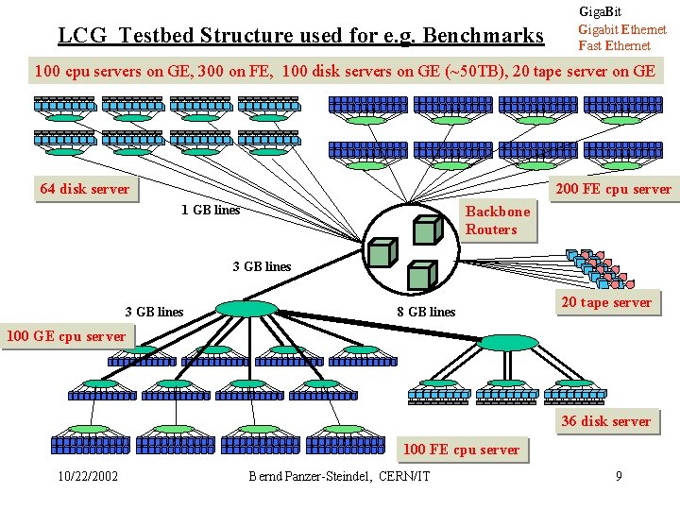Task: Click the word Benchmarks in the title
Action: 483,35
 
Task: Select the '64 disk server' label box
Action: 86,189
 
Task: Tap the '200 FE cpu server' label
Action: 614,189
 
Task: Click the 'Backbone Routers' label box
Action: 499,220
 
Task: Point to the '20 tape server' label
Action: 607,302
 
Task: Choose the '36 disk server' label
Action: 606,421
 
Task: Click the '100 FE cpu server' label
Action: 462,450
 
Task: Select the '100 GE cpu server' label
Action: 67,336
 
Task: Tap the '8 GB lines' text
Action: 426,312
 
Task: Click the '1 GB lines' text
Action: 211,210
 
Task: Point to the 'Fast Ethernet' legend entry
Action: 615,45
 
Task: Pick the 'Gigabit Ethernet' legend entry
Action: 622,29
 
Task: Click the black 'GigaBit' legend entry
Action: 601,11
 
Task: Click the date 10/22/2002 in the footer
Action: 88,476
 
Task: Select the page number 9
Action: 619,476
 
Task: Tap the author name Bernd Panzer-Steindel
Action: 310,476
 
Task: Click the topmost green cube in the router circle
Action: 428,229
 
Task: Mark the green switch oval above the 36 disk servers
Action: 507,343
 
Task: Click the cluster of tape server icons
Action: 600,269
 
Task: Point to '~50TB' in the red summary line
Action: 477,70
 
